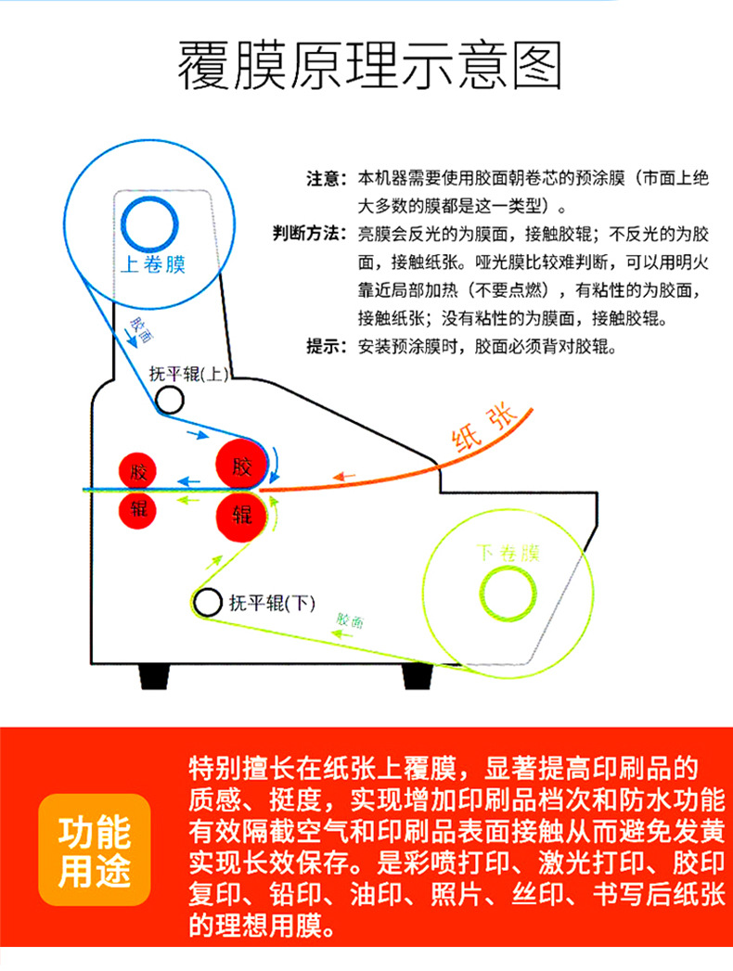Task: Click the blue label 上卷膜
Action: (153, 265)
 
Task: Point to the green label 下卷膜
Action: (507, 555)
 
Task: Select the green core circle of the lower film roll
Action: (508, 592)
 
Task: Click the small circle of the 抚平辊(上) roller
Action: (169, 400)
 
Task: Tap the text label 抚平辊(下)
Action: (272, 605)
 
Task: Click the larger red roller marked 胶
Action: (241, 466)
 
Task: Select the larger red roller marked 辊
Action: (241, 516)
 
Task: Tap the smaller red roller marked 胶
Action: (139, 470)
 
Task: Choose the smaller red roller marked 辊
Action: (139, 508)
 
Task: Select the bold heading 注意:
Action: (327, 178)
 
